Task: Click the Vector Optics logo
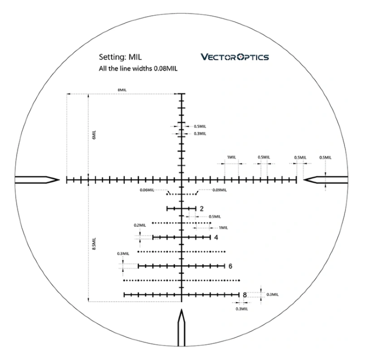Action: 235,57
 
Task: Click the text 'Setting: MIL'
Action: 120,57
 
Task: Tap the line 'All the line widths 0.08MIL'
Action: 138,68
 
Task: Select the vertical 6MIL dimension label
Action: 94,135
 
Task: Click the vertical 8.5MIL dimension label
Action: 94,243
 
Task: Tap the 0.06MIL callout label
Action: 147,190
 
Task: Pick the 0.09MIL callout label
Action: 220,190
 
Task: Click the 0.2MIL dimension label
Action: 140,225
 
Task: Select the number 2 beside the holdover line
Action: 202,208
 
